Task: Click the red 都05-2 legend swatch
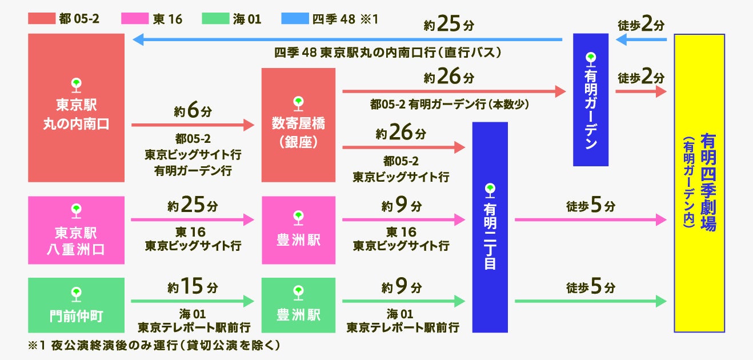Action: pyautogui.click(x=41, y=19)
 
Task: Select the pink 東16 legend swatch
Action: pyautogui.click(x=135, y=19)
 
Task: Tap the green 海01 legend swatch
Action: pyautogui.click(x=215, y=19)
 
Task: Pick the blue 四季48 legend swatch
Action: pyautogui.click(x=294, y=19)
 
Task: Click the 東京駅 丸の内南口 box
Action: pyautogui.click(x=76, y=107)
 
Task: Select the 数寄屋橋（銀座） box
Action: pyautogui.click(x=298, y=125)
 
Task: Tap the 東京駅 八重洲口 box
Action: pyautogui.click(x=76, y=230)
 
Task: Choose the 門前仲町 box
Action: pyautogui.click(x=76, y=305)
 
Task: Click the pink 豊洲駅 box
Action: pyautogui.click(x=298, y=230)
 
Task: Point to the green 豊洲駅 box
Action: pyautogui.click(x=298, y=305)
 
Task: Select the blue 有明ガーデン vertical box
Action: pyautogui.click(x=591, y=100)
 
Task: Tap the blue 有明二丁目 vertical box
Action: pyautogui.click(x=490, y=227)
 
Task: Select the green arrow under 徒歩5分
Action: pyautogui.click(x=590, y=301)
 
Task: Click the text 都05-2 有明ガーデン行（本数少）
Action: pyautogui.click(x=449, y=105)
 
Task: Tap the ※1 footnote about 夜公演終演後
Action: pyautogui.click(x=154, y=346)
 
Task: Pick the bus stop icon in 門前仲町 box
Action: pyautogui.click(x=76, y=294)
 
